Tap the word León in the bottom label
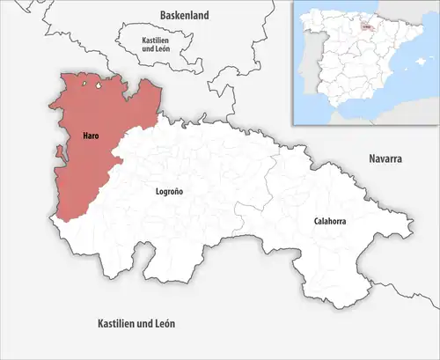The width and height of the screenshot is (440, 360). click(163, 324)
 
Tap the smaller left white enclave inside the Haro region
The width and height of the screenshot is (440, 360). click(84, 84)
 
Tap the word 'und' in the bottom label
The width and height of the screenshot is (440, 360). click(143, 324)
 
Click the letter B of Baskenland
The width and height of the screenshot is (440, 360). click(163, 15)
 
